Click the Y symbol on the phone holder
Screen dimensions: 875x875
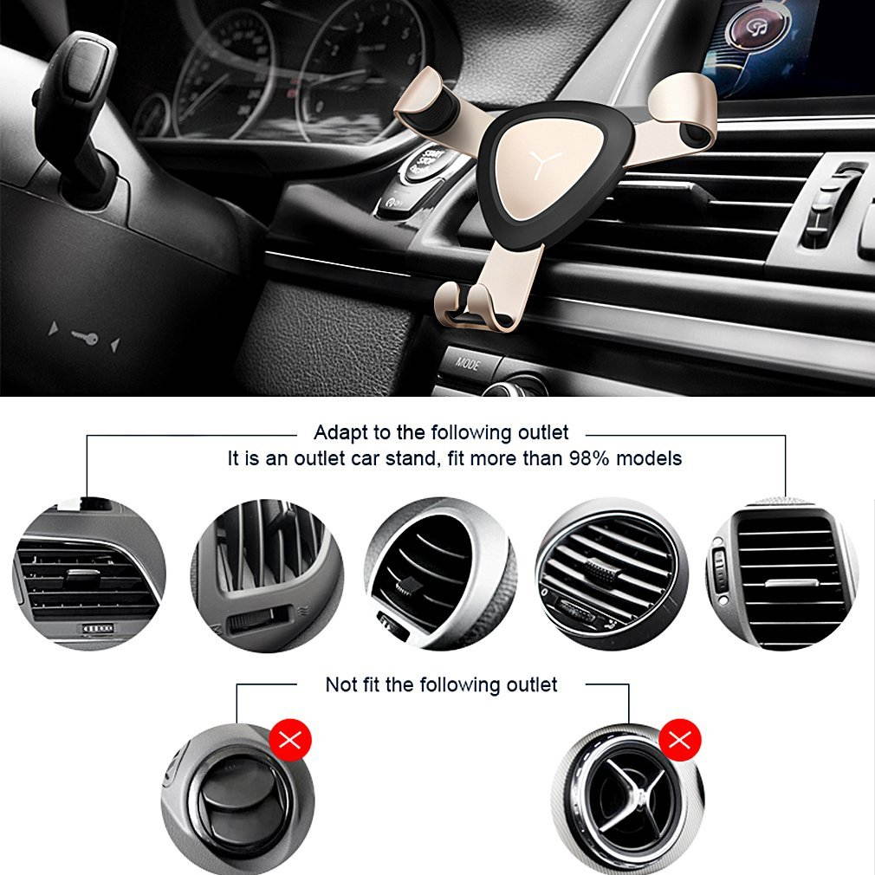545,163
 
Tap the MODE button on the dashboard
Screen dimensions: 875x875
468,364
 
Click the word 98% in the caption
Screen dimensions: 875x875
589,458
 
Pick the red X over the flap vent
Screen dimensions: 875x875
290,741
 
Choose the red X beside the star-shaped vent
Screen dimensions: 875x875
680,740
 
